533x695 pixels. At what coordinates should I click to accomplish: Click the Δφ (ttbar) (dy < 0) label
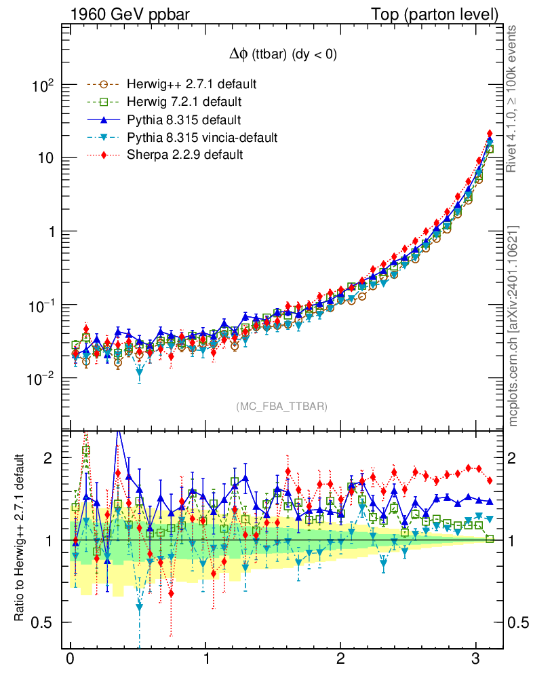[282, 55]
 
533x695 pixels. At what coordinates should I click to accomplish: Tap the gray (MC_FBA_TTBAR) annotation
[282, 407]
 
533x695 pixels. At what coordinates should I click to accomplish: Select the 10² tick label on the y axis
[45, 86]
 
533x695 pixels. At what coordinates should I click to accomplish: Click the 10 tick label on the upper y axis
[46, 159]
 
